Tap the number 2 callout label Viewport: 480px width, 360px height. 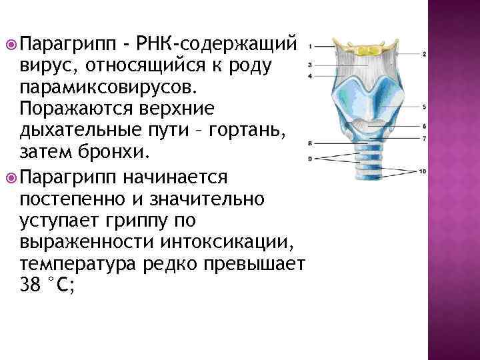pyautogui.click(x=425, y=54)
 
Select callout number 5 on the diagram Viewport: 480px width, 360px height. pyautogui.click(x=425, y=107)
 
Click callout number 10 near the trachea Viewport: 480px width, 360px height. pyautogui.click(x=423, y=172)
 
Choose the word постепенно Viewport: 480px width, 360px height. pyautogui.click(x=70, y=199)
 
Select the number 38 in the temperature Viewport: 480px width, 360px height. pyautogui.click(x=31, y=286)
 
